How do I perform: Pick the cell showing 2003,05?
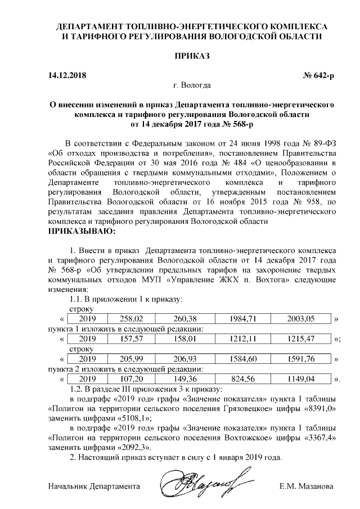click(301, 318)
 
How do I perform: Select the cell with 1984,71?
click(243, 318)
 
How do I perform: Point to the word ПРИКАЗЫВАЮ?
click(82, 231)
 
